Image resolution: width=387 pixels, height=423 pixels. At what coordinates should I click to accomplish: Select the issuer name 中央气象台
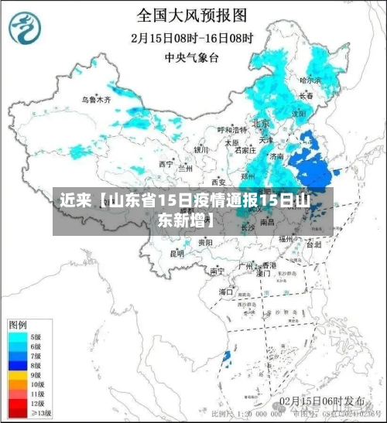[x=192, y=57]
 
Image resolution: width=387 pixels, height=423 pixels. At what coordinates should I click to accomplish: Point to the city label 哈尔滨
[x=310, y=80]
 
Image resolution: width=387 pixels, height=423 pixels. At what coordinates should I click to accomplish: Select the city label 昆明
[x=177, y=253]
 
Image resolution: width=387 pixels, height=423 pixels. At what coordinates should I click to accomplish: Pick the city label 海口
[x=226, y=292]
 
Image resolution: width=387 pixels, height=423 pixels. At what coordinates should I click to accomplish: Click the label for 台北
[x=313, y=244]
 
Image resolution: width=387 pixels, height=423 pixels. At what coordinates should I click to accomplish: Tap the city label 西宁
[x=166, y=164]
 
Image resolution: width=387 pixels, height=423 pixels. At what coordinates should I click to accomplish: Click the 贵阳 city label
[x=205, y=242]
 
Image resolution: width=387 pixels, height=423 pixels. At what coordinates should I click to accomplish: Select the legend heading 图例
[x=19, y=323]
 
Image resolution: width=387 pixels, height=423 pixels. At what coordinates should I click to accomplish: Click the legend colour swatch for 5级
[x=17, y=337]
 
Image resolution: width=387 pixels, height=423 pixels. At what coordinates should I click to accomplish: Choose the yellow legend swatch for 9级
[x=17, y=374]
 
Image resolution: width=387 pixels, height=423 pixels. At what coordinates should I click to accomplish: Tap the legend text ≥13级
[x=41, y=413]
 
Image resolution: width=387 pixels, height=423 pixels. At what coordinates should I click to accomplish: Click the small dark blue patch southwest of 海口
[x=227, y=356]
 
